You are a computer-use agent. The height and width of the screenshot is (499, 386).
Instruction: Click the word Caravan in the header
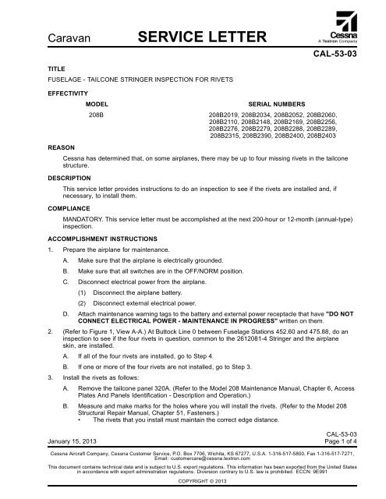click(x=69, y=37)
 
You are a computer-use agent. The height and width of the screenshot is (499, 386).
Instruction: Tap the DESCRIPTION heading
click(x=70, y=177)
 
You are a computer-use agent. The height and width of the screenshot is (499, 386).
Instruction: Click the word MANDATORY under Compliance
click(x=86, y=220)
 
